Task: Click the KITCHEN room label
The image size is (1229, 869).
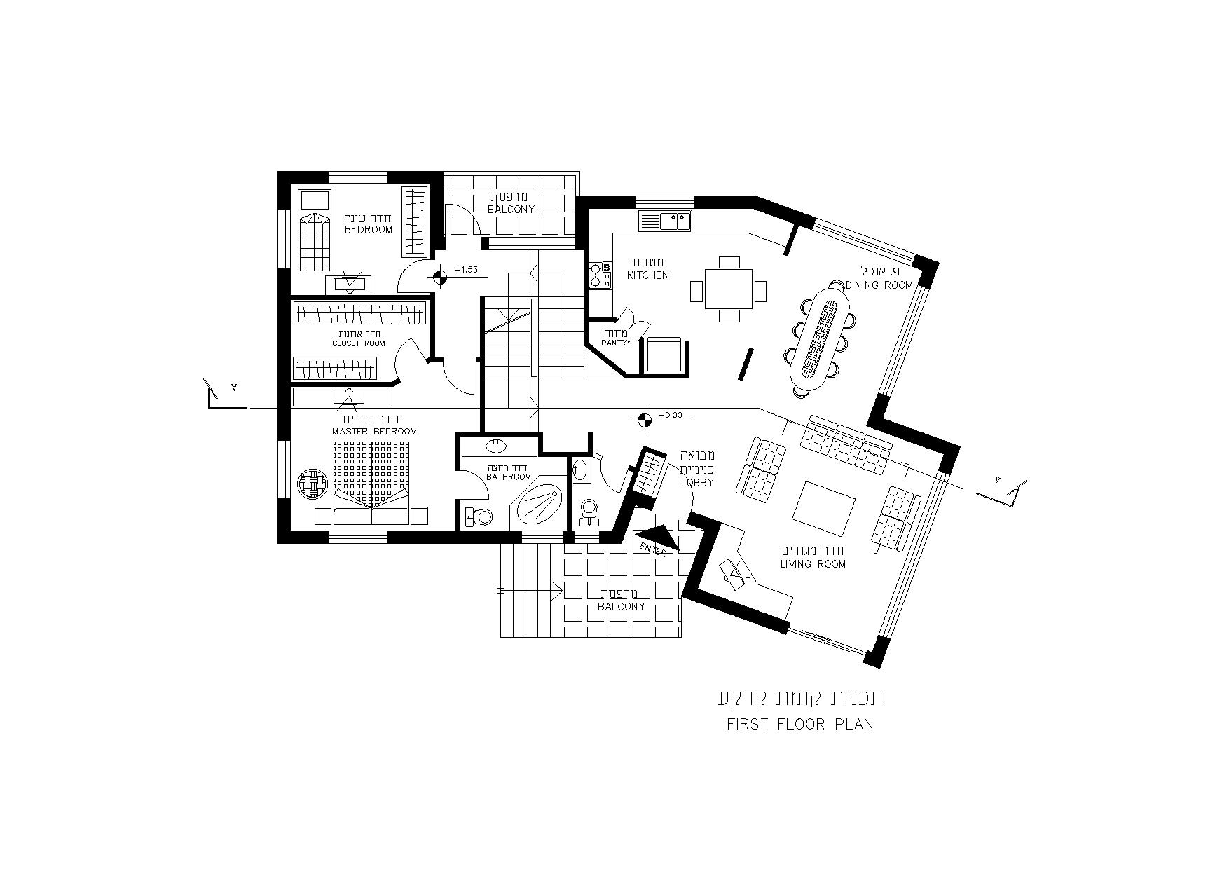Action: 648,275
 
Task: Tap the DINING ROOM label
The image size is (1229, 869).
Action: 879,285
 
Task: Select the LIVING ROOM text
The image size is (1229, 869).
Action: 813,564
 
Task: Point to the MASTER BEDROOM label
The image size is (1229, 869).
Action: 374,432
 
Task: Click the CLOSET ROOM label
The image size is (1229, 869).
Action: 359,344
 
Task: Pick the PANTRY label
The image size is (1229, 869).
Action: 616,343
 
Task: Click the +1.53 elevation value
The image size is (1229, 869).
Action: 466,270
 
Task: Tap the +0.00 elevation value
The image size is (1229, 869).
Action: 671,415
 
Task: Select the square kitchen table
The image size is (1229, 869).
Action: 729,289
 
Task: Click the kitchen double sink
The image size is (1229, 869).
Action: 664,221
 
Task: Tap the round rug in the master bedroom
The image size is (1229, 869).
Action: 313,484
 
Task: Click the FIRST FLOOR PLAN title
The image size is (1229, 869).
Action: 800,725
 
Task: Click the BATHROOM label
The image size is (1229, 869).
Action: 509,477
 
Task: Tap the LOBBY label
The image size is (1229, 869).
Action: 697,483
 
